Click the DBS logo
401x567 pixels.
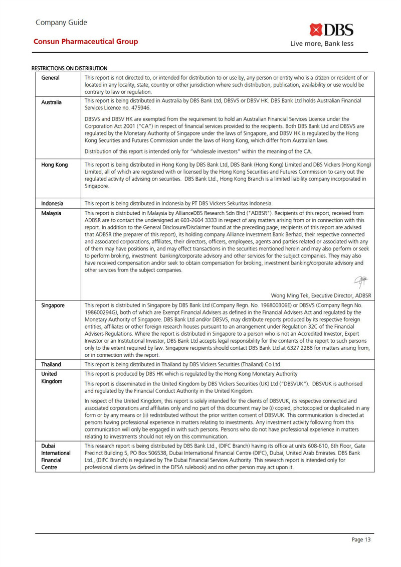click(331, 30)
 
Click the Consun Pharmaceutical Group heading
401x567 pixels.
click(86, 42)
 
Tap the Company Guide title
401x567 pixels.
click(62, 22)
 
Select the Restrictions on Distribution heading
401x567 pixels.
click(70, 68)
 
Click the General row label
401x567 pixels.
click(50, 78)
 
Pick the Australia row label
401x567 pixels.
click(52, 102)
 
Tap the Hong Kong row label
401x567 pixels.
click(54, 165)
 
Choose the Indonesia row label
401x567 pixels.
click(52, 203)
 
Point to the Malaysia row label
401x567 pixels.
click(51, 213)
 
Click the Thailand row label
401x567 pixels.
click(51, 364)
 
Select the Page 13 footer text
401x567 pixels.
click(361, 539)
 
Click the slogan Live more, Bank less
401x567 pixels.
click(322, 44)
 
